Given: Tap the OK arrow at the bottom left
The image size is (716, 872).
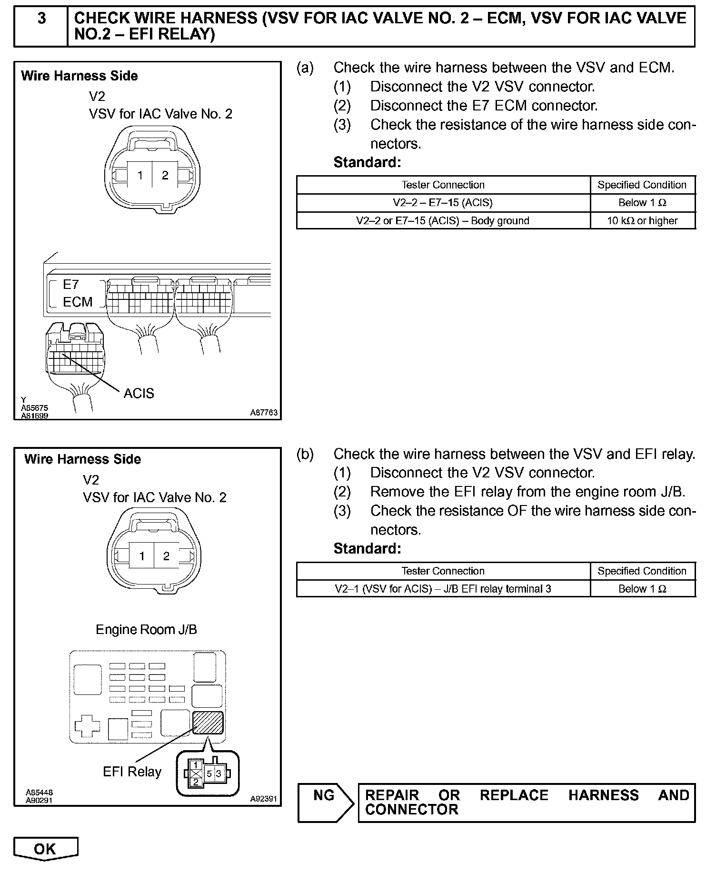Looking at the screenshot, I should (x=45, y=849).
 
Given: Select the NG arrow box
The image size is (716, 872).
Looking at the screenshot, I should (x=325, y=803).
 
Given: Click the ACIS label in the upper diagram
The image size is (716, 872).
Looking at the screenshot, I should (x=139, y=393).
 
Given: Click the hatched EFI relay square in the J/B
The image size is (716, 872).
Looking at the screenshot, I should (x=208, y=723).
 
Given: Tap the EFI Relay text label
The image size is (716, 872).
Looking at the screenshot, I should (x=132, y=771).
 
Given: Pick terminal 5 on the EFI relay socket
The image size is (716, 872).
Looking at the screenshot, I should (x=209, y=773).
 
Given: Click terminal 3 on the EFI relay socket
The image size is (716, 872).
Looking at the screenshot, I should (x=219, y=773).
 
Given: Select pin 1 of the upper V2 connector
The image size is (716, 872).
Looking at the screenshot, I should (x=140, y=176).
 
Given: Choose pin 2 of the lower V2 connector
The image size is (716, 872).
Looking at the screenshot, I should (x=166, y=556).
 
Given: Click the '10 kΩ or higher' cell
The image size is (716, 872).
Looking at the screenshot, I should (x=642, y=221).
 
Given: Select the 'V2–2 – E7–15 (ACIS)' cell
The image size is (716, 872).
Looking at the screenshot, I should (x=443, y=203).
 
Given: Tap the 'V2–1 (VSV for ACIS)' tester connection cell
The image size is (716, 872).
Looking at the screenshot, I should (x=443, y=589).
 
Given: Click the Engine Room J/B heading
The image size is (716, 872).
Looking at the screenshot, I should (x=146, y=629).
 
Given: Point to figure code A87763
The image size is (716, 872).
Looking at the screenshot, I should (x=264, y=413).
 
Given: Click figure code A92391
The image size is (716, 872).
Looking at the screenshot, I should (x=263, y=799).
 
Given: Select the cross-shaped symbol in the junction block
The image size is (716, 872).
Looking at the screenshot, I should (x=88, y=725).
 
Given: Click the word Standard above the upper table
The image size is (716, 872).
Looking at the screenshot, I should (x=367, y=163).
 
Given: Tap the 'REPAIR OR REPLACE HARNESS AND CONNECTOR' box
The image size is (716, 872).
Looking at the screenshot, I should (x=527, y=803).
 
